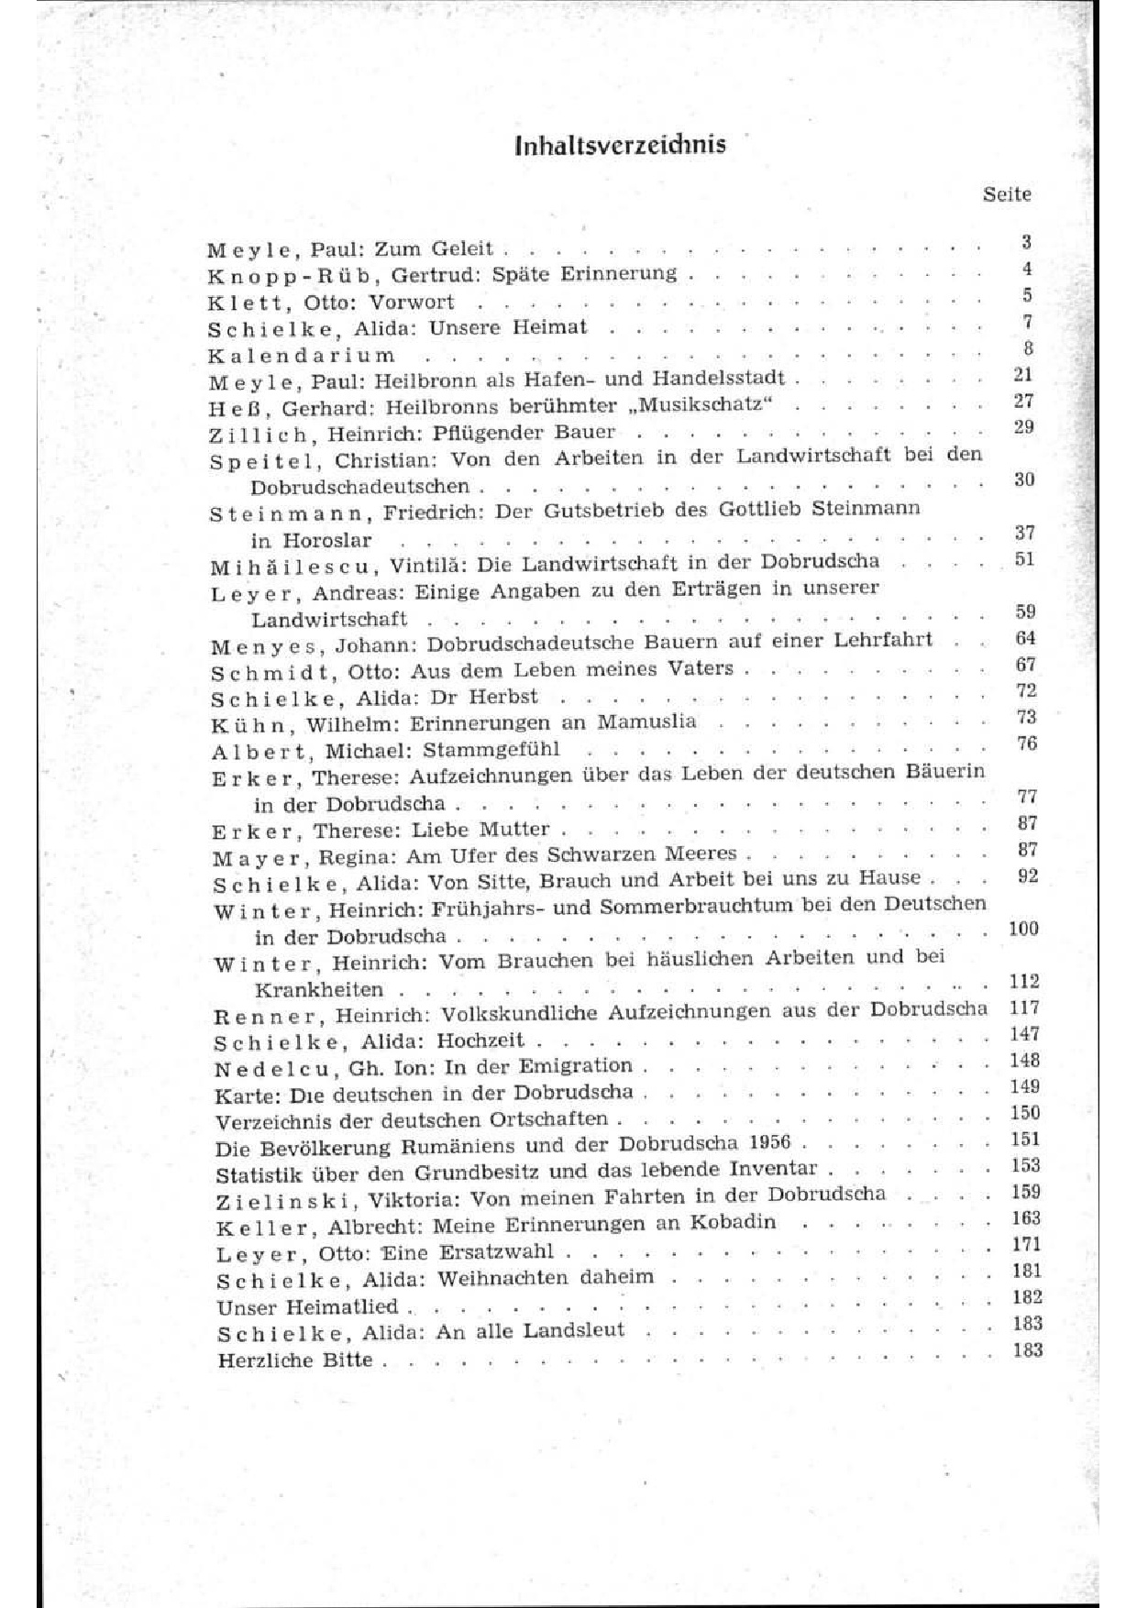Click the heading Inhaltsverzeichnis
620,144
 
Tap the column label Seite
1006,194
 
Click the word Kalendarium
302,356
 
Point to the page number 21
1023,374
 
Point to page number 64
1025,638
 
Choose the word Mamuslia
646,721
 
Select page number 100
1023,929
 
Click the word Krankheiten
318,991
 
